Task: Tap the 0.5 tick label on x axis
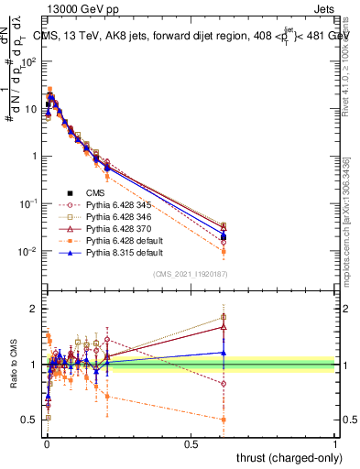(x=191, y=442)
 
